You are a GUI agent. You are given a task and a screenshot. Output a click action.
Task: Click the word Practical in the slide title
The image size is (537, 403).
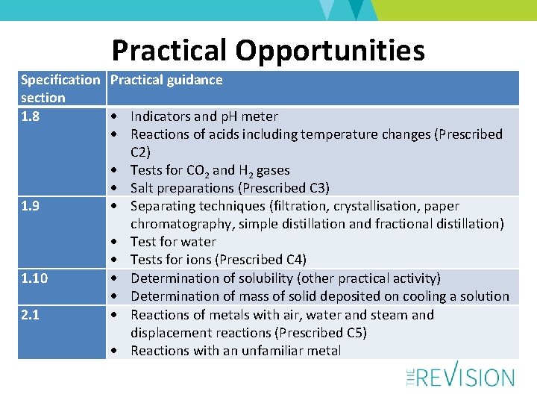tap(169, 51)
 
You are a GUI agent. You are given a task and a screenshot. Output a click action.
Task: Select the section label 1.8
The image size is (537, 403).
tap(31, 116)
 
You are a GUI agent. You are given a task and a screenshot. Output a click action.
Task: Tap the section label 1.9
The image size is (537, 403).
tap(31, 206)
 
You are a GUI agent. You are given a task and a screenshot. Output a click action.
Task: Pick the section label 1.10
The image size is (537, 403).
tap(34, 278)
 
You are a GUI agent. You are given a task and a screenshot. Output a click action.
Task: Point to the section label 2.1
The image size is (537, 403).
tap(31, 314)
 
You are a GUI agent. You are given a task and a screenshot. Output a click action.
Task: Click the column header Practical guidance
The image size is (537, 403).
tap(166, 80)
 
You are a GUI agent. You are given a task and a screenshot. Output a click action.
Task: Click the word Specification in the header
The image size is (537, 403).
tap(60, 80)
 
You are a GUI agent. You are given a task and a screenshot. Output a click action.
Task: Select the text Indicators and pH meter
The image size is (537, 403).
tap(204, 116)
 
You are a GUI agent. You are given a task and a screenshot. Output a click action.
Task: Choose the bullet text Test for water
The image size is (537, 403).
tap(173, 242)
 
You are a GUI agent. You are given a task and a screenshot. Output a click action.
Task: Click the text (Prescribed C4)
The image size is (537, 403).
tap(260, 260)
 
